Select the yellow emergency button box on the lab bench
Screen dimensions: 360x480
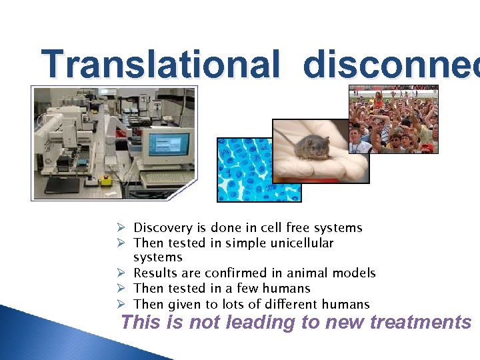[105, 181]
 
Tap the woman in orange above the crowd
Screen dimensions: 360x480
[379, 100]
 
